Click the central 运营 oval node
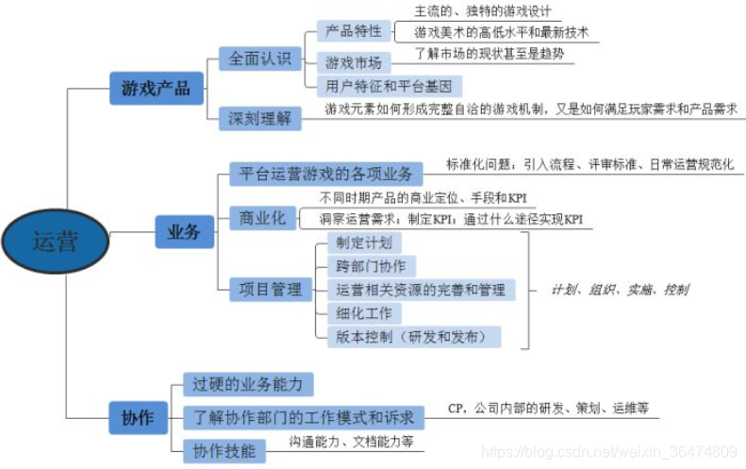(55, 241)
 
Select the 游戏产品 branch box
(156, 89)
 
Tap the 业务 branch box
(183, 231)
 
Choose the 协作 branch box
(138, 416)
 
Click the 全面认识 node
(260, 59)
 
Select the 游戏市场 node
(354, 63)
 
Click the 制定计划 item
(363, 243)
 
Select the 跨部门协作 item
(371, 266)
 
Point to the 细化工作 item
(363, 312)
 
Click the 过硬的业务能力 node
(247, 384)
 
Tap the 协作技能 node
(224, 450)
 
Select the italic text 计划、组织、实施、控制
(620, 290)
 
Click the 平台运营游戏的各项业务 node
(325, 174)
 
